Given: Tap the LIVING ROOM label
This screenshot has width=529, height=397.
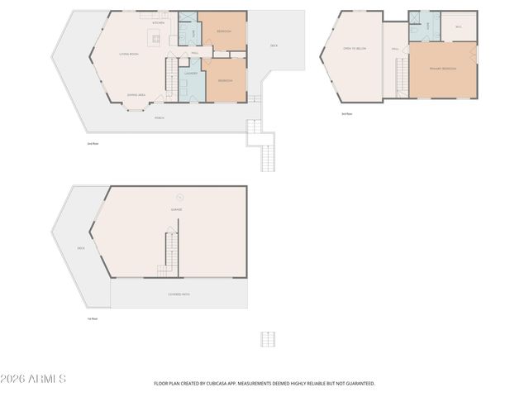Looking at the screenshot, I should tap(128, 54).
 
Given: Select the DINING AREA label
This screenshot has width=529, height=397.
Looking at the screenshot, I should tap(136, 95).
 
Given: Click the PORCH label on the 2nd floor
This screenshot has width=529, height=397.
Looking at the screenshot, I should tap(160, 117).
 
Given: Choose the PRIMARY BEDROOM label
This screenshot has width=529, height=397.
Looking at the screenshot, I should tap(443, 69).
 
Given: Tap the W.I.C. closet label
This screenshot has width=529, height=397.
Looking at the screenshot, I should tap(458, 26).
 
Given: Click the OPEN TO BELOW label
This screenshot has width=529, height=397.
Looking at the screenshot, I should tap(355, 49).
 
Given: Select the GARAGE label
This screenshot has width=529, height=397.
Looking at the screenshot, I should tap(176, 209).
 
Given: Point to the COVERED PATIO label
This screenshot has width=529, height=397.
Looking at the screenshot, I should tap(179, 294).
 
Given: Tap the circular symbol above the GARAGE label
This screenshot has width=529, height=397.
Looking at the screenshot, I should tap(179, 196).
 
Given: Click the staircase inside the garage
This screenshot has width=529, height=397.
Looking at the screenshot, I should tap(169, 251).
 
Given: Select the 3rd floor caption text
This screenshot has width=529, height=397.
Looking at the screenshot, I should tap(347, 113).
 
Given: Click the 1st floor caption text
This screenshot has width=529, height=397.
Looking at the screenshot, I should tap(93, 318).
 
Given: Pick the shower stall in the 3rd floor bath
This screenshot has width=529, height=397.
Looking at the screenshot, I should tap(414, 18).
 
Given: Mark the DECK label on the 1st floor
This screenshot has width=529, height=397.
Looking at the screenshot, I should tap(81, 247).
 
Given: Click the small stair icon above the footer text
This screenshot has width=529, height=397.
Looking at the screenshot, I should tap(268, 339).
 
